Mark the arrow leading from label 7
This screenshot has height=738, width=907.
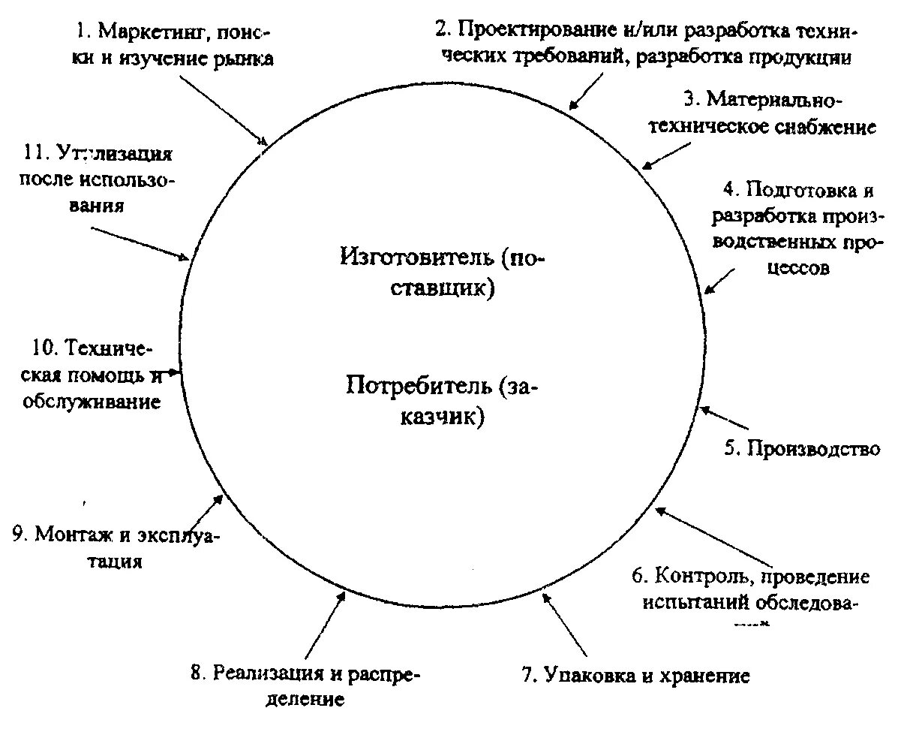(565, 625)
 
